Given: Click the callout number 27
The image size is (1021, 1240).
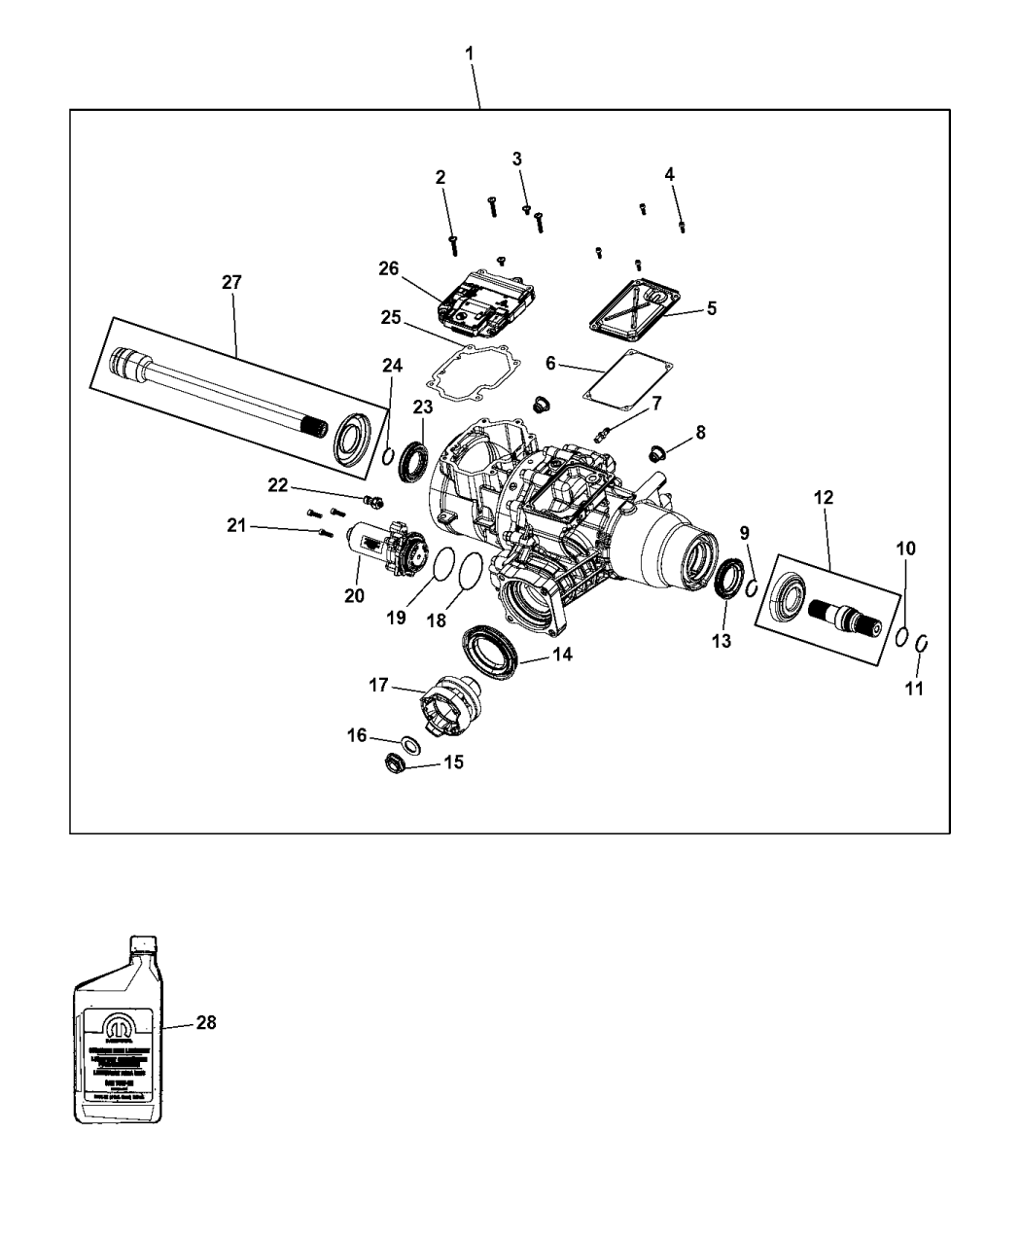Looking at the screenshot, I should pos(231,282).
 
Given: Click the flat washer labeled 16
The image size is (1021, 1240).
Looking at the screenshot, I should pos(411,745).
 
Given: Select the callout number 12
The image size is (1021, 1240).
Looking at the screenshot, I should pos(823,497).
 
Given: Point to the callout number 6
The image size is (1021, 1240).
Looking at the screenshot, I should pos(550,364).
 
